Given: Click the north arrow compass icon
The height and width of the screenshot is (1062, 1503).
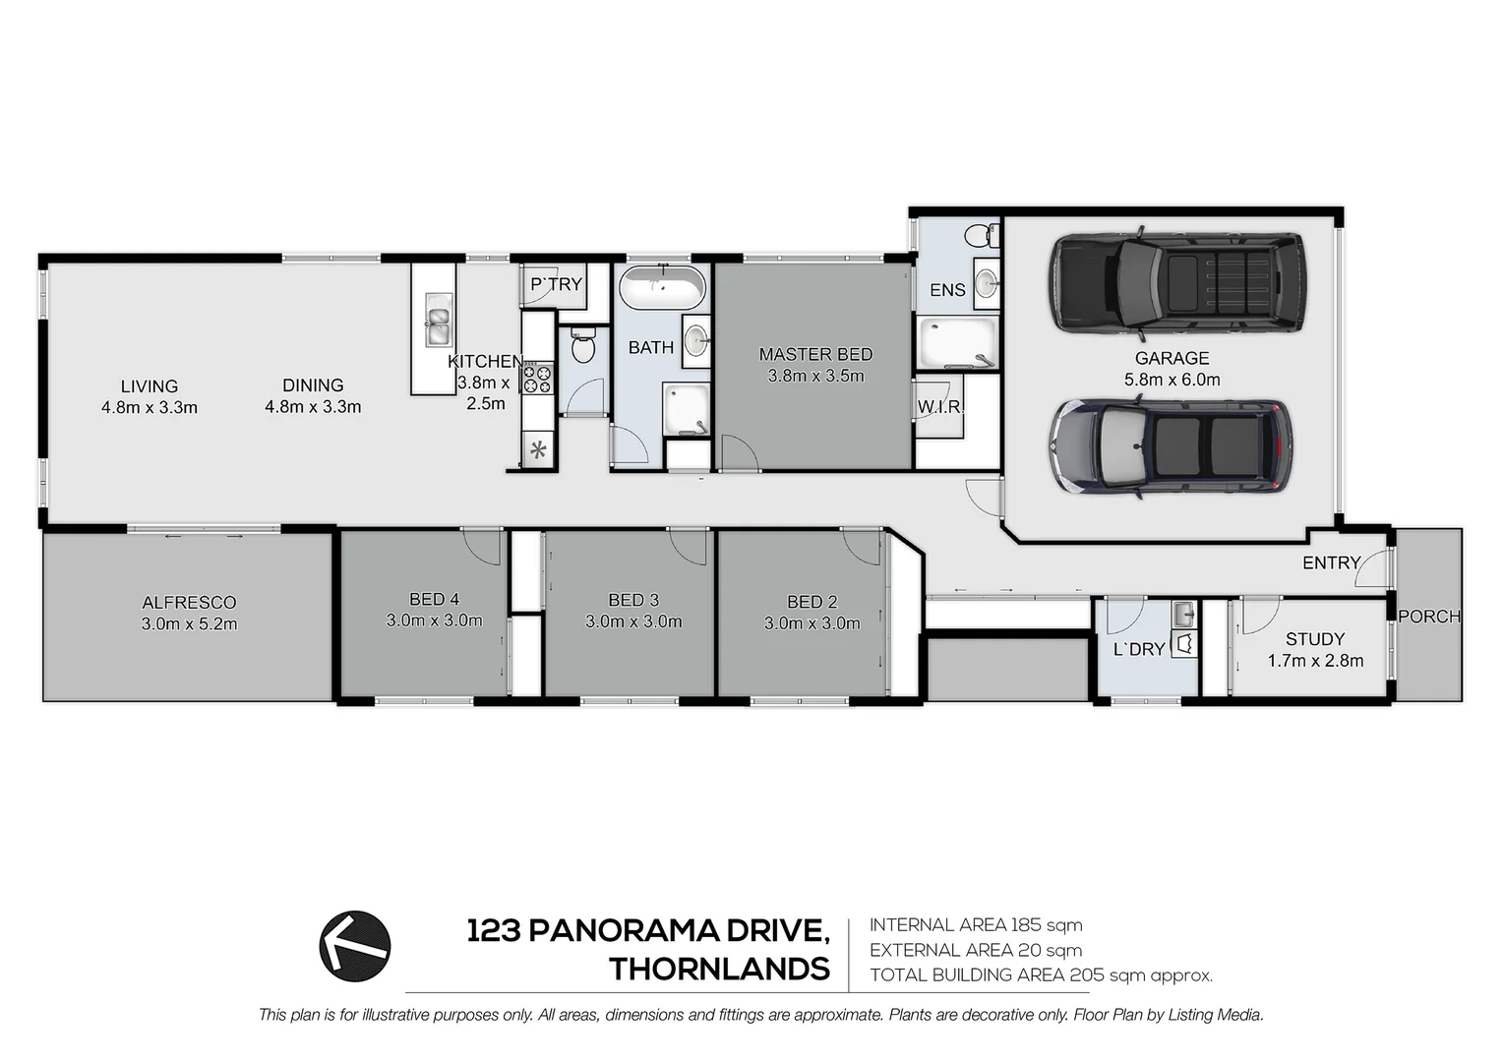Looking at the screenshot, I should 355,946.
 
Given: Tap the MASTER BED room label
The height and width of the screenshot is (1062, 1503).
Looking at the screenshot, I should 815,354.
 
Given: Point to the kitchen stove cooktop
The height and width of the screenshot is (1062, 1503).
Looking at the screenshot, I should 538,379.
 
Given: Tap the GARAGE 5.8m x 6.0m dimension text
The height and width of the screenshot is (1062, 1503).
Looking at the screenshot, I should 1172,380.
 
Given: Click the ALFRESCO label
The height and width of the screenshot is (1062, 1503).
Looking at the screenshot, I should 189,603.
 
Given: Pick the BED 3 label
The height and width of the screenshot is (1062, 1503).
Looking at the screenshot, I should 633,600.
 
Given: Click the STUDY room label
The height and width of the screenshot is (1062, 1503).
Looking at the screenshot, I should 1315,639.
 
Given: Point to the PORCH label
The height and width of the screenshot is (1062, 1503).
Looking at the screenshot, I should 1429,617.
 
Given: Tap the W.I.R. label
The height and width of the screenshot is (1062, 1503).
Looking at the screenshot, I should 940,406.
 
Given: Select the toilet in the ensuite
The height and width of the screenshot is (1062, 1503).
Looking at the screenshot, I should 978,236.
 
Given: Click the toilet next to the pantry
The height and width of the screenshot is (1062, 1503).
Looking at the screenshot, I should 583,347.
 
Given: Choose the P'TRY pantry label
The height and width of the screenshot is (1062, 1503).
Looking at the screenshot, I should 556,284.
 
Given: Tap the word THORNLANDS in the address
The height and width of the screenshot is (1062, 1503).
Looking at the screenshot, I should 719,970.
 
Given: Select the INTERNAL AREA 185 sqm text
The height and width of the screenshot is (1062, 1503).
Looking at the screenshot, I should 976,925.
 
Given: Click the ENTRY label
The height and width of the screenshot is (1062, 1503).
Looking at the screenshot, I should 1331,562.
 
